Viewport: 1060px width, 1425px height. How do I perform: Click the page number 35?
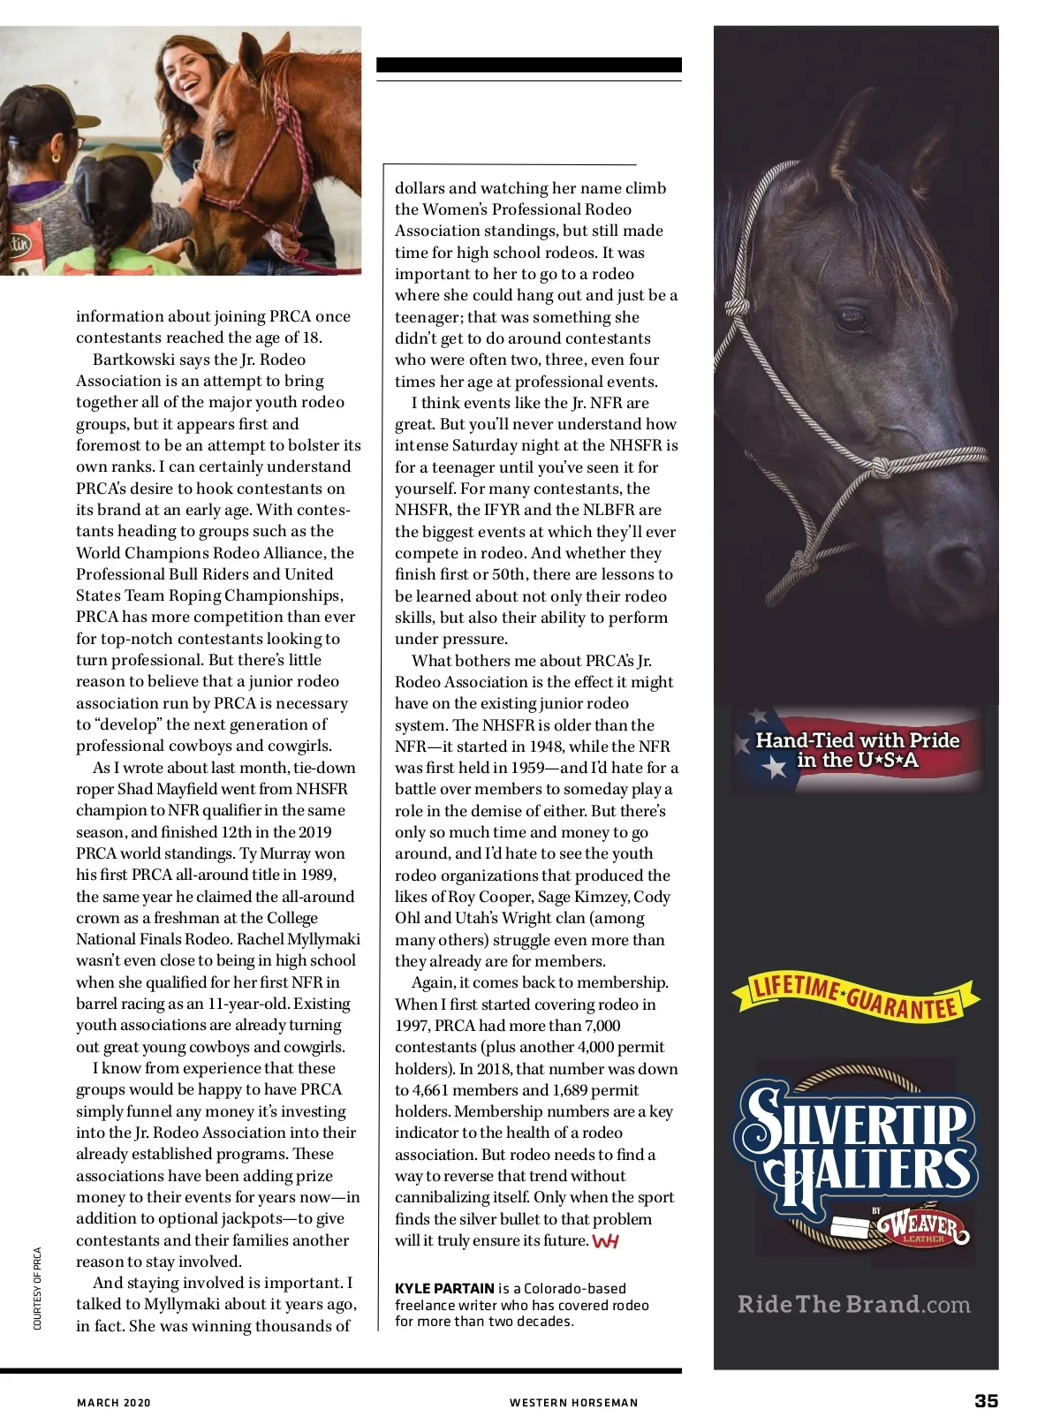point(986,1400)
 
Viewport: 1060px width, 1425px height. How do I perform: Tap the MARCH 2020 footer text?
point(114,1402)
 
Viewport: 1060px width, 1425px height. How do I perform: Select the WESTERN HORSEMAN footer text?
point(573,1402)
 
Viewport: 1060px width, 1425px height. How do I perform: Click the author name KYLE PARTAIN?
point(444,1288)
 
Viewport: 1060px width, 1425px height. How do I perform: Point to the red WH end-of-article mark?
point(606,1241)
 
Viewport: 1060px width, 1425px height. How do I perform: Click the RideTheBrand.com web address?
point(853,1304)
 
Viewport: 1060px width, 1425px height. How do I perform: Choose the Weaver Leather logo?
point(921,1225)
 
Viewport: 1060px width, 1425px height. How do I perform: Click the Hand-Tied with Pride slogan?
point(857,750)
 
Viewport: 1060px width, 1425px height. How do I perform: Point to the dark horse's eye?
point(851,319)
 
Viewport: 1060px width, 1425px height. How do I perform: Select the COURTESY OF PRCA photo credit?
point(37,1288)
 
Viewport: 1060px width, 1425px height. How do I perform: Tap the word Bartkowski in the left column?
point(134,360)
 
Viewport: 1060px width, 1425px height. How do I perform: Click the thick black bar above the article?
point(528,64)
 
